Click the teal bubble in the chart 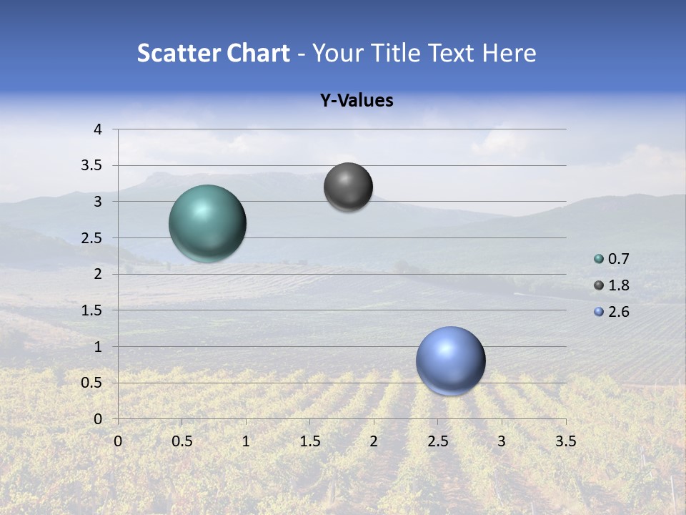coord(208,223)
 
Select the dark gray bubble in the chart coord(348,187)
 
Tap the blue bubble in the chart coord(450,360)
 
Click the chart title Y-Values coord(356,101)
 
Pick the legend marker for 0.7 coord(599,259)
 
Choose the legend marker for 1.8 coord(599,285)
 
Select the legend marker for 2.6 coord(599,312)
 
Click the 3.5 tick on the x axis coord(565,441)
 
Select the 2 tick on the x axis coord(374,441)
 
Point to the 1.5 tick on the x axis coord(309,441)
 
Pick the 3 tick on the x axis coord(502,441)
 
